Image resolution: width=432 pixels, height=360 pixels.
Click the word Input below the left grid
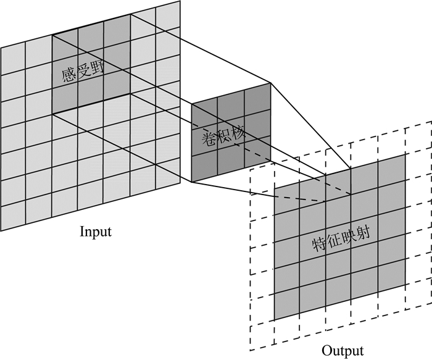96,233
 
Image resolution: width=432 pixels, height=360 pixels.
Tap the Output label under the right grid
342,351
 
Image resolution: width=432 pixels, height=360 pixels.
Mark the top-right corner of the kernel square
271,83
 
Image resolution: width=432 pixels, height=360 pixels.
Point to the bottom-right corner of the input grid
180,183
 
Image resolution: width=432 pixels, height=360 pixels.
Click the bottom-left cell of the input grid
13,216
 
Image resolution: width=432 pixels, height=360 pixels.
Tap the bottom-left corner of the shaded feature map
275,320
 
